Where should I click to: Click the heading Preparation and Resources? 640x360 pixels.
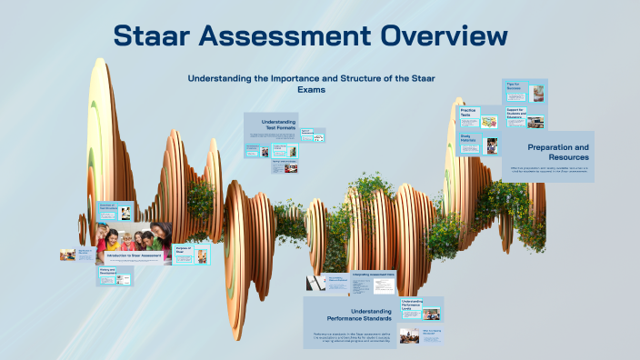pyautogui.click(x=557, y=152)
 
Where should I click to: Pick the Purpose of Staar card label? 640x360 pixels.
pyautogui.click(x=182, y=250)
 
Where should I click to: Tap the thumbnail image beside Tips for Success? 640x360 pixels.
pyautogui.click(x=536, y=93)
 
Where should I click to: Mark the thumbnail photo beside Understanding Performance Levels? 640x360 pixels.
pyautogui.click(x=431, y=315)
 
